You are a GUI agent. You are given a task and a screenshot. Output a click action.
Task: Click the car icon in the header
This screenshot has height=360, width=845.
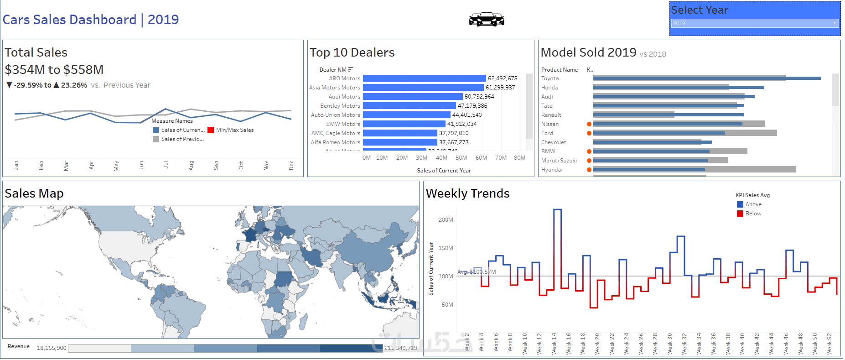coord(487,19)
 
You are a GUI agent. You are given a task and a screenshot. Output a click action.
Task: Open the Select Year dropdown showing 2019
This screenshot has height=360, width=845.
coord(754,23)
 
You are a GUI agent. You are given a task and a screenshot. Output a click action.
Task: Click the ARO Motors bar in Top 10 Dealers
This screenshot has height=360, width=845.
coord(424,78)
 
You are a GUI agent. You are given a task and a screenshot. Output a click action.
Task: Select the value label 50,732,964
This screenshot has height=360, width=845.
coord(479,97)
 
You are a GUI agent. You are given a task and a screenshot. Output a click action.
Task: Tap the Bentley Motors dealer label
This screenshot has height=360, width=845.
coord(340,106)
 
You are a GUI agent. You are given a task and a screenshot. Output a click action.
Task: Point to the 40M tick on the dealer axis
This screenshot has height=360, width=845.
coord(441,158)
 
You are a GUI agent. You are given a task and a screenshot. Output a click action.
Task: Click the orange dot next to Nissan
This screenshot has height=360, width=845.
coord(589,124)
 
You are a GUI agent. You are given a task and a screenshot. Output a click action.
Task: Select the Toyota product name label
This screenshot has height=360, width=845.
coord(550,78)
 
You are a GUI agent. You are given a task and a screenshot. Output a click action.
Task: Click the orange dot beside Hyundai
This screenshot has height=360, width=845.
coord(589,170)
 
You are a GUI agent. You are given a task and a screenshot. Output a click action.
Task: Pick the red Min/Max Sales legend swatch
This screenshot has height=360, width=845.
coord(211,130)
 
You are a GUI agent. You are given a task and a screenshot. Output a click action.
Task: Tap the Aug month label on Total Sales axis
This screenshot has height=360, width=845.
coord(191,165)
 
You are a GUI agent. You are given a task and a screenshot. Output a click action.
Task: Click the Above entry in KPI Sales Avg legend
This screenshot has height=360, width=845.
coord(753,204)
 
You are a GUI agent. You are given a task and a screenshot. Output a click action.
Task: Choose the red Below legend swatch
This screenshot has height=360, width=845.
coord(740,214)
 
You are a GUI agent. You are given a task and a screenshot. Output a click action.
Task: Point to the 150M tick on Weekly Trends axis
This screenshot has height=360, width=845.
coord(446,248)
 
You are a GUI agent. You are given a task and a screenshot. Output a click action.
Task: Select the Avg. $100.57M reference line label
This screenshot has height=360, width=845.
coord(477,272)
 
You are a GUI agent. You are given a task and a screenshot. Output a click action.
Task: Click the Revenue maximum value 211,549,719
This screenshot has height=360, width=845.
coord(400,348)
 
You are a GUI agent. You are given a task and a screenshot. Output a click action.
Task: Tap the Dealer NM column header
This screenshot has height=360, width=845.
coord(333,70)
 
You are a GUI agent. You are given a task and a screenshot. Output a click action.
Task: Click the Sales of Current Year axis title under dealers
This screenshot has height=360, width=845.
coord(444,171)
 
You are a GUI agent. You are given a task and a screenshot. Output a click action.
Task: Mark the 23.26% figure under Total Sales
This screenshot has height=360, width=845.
coord(74,85)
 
